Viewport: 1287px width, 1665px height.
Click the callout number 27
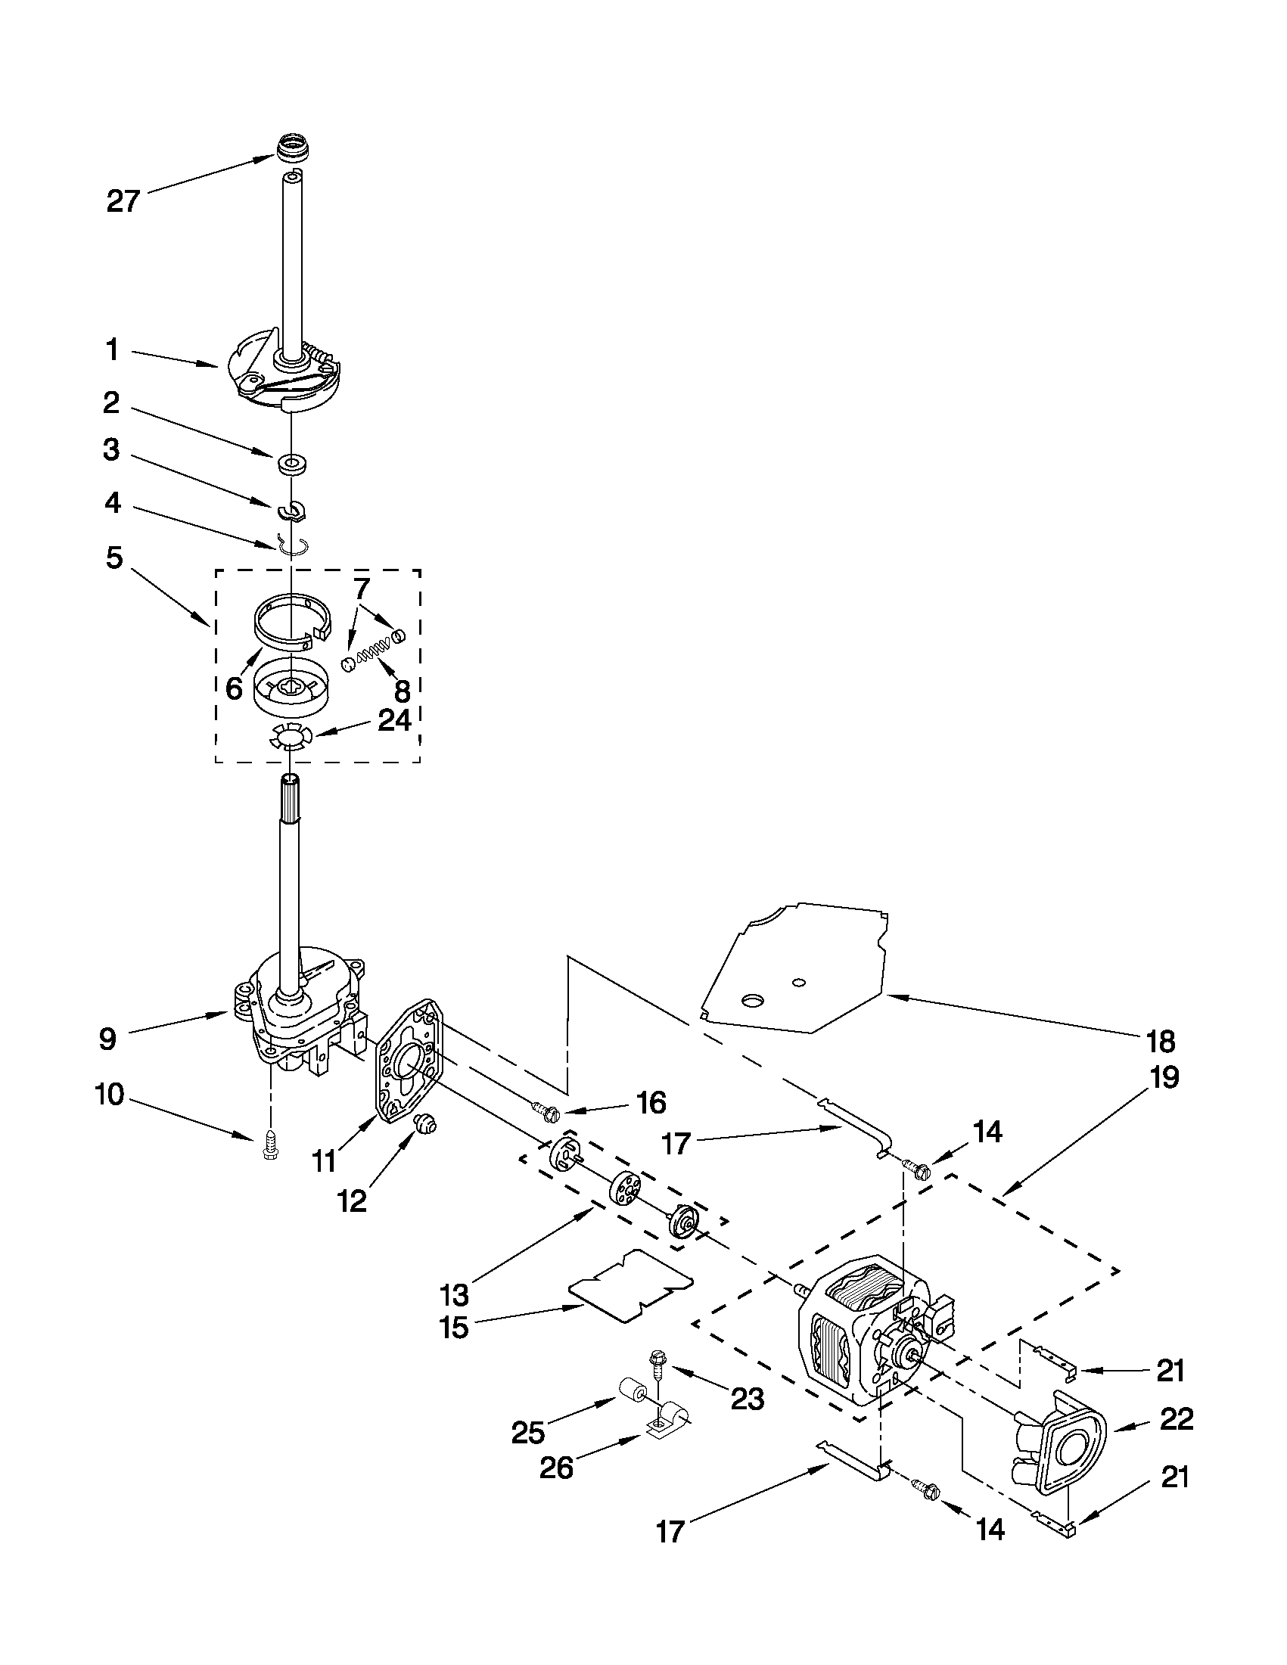click(123, 201)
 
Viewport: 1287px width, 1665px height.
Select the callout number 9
click(107, 1039)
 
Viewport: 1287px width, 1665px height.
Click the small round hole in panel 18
click(797, 981)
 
